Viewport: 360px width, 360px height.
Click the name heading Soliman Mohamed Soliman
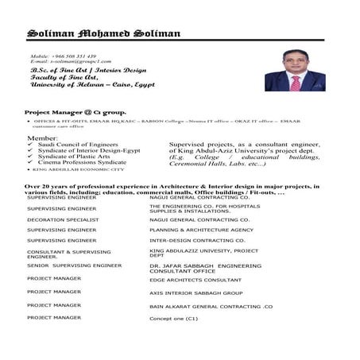point(103,33)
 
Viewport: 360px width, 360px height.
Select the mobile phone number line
point(63,56)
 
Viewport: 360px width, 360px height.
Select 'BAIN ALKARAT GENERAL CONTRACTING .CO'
point(211,305)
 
